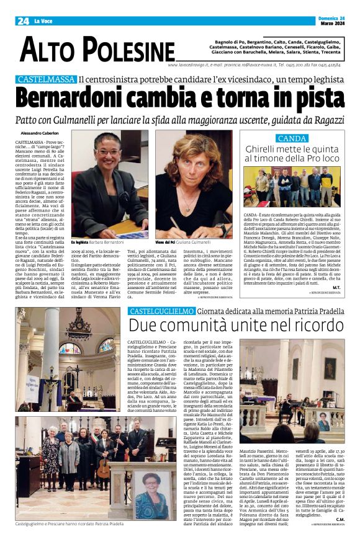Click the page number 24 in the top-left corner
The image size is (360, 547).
pos(23,21)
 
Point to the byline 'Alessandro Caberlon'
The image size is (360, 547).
pos(39,133)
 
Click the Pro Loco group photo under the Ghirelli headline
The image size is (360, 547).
pos(292,186)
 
